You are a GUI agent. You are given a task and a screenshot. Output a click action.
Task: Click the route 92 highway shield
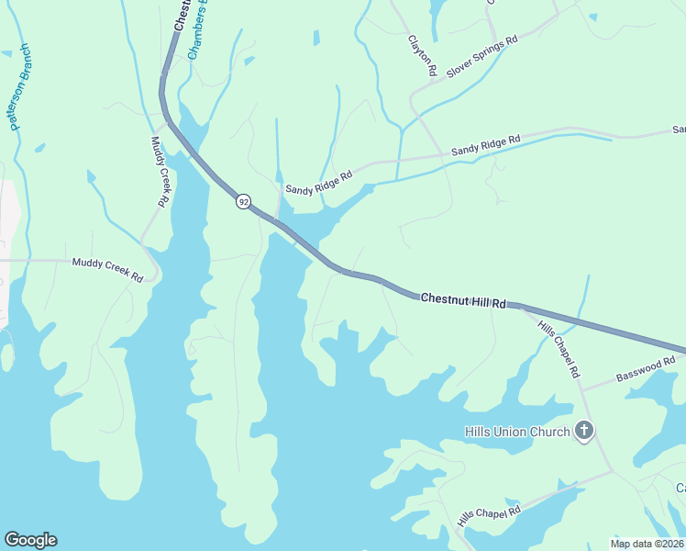point(242,201)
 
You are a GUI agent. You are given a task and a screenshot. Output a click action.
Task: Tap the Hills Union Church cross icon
point(584,432)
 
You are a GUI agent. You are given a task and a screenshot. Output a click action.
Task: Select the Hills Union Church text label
point(517,433)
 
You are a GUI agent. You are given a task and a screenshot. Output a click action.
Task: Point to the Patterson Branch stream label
point(20,88)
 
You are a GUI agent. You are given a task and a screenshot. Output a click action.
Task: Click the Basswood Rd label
point(645,370)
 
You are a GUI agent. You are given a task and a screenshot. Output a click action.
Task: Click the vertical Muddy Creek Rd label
point(160,171)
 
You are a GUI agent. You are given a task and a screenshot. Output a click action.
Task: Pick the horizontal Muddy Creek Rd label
point(107,269)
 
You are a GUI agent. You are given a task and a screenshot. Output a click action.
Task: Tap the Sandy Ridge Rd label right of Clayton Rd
point(485,144)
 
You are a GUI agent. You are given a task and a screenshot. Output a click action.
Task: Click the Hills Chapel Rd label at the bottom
point(490,515)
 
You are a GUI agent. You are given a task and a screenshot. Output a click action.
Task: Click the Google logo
point(30,540)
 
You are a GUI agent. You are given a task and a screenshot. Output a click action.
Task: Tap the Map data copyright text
point(647,543)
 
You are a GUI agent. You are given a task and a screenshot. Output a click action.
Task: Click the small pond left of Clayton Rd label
point(316,39)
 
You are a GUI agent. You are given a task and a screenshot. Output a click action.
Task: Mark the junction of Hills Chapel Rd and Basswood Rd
point(581,388)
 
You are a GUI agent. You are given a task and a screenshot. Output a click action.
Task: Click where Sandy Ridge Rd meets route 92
point(278,218)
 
